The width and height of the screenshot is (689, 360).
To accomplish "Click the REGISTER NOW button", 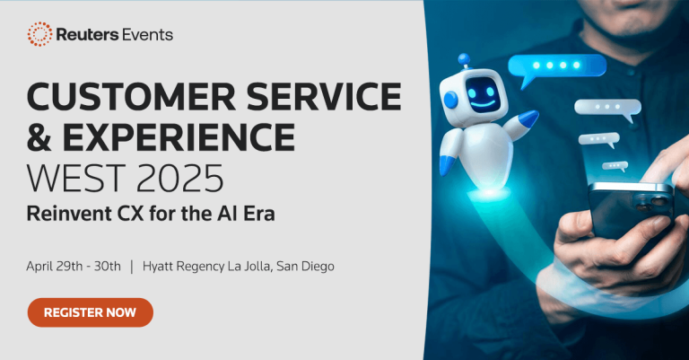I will tap(90, 312).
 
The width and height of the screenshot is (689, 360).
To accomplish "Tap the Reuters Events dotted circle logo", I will tap(39, 34).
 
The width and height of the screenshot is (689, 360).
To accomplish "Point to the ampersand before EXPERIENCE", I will tap(40, 137).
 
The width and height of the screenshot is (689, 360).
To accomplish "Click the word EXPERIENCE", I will tap(179, 137).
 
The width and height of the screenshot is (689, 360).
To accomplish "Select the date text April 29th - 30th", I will tap(74, 266).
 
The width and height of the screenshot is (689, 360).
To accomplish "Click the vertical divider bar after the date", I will tap(132, 266).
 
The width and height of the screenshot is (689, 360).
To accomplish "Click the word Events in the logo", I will tap(144, 35).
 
